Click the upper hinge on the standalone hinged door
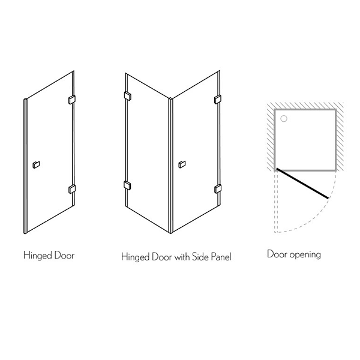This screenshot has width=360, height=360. [x=72, y=100]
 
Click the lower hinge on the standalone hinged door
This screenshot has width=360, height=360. [x=72, y=189]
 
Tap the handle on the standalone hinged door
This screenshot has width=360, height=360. [x=36, y=164]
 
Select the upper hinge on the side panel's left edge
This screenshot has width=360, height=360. [x=127, y=96]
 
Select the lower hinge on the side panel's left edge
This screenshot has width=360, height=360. [x=127, y=185]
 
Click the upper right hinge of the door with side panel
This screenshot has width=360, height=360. [x=218, y=100]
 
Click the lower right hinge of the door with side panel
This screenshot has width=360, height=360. [x=218, y=189]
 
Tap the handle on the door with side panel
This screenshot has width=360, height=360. [x=182, y=164]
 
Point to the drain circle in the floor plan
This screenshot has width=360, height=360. [x=284, y=119]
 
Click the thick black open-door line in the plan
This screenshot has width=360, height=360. [x=302, y=183]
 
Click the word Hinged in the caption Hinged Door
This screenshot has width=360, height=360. [x=37, y=256]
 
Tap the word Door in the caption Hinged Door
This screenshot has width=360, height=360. [x=65, y=256]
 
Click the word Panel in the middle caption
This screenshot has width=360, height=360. [x=221, y=257]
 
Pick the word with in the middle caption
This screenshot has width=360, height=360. [x=182, y=257]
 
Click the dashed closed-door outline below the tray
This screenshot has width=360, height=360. [x=276, y=202]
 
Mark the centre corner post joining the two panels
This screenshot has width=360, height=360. [x=170, y=166]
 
